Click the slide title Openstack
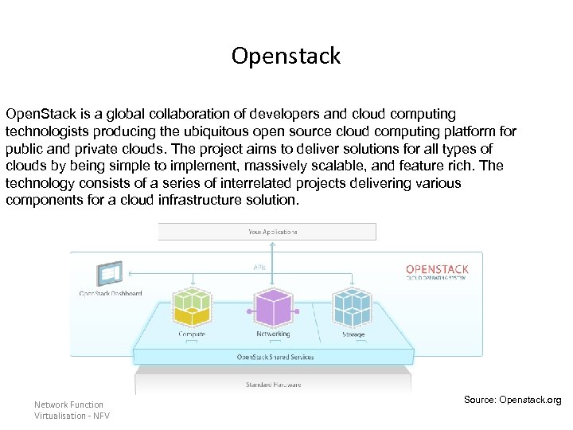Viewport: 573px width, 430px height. [286, 56]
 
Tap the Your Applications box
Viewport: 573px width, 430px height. [267, 232]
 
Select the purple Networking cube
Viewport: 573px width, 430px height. [272, 307]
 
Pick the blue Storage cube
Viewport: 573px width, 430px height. [353, 307]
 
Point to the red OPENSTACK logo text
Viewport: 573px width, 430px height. [437, 269]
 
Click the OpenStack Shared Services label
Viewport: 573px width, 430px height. [275, 357]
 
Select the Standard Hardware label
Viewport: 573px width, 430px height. [272, 385]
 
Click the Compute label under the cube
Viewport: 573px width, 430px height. [192, 334]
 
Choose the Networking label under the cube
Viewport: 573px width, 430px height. [272, 334]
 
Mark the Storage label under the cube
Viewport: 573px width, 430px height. [353, 334]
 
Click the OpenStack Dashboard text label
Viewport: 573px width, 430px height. [110, 293]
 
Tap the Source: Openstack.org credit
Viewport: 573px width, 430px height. [512, 399]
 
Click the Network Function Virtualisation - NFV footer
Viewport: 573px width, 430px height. [72, 410]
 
